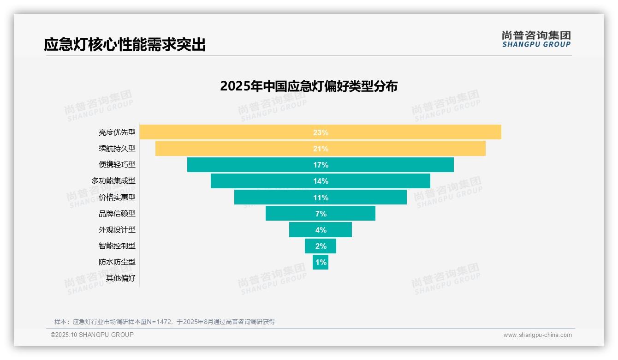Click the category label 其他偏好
121,278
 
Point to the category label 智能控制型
117,246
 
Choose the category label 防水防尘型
117,262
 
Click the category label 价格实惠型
117,197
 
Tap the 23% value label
321,132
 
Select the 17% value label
321,165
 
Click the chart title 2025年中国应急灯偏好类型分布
309,86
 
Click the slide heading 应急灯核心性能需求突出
125,45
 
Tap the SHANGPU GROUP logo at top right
536,39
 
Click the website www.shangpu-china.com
537,335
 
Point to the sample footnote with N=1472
165,322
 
